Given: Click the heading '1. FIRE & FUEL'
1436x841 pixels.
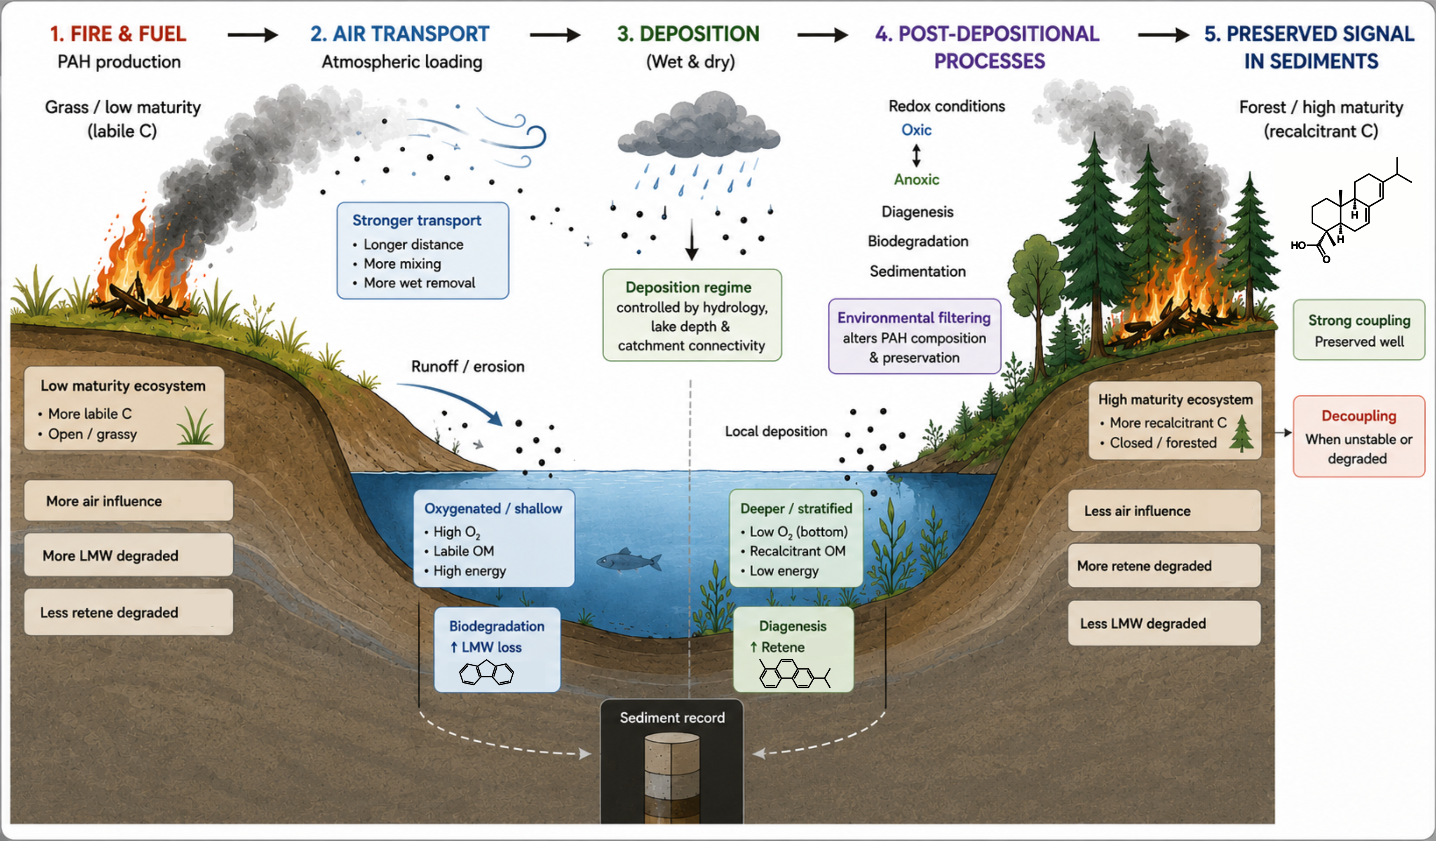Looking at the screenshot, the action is click(118, 34).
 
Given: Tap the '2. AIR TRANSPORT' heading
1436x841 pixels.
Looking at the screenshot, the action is click(399, 34).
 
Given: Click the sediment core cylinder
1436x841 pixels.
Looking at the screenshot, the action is click(672, 778).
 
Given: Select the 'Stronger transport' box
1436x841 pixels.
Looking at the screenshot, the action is click(423, 250).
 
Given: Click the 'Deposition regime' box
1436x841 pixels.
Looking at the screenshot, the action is click(692, 315).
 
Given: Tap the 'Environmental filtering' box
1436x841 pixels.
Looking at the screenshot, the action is click(914, 336).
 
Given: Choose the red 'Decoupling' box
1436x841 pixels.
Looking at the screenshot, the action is click(1359, 436).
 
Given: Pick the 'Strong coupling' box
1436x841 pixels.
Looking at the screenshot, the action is click(1359, 330).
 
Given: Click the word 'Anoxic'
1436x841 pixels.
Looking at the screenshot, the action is click(916, 180).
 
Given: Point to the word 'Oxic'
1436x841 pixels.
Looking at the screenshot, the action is click(916, 130).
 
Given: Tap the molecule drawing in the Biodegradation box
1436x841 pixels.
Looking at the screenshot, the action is click(487, 673).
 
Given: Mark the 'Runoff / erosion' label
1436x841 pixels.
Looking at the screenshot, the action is click(468, 366).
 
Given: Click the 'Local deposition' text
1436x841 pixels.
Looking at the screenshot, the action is click(776, 431).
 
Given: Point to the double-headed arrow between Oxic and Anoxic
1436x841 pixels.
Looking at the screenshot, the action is click(916, 155).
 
